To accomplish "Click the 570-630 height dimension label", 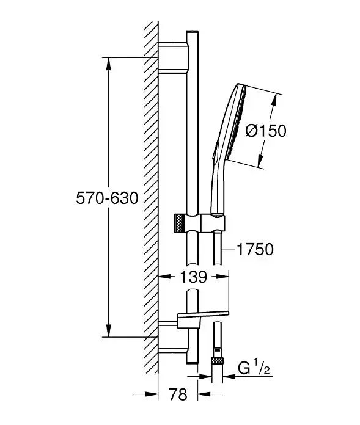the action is pos(107,198).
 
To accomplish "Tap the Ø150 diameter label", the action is pos(266,131).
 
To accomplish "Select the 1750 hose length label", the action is pos(255,249).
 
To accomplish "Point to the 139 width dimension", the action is pos(193,277).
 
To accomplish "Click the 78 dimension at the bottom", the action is pos(178,394).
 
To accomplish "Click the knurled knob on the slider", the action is pos(180,223).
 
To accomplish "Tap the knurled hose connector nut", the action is pos(217,361).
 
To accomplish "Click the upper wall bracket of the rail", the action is pos(172,58).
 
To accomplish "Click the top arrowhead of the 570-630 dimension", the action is pos(109,64).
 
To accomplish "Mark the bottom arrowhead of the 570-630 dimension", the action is pos(109,330).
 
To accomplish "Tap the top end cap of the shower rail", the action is pos(193,32).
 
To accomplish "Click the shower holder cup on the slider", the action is pos(213,223).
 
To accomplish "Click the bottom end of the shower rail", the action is pos(193,362).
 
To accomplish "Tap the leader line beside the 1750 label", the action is pos(229,249).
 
